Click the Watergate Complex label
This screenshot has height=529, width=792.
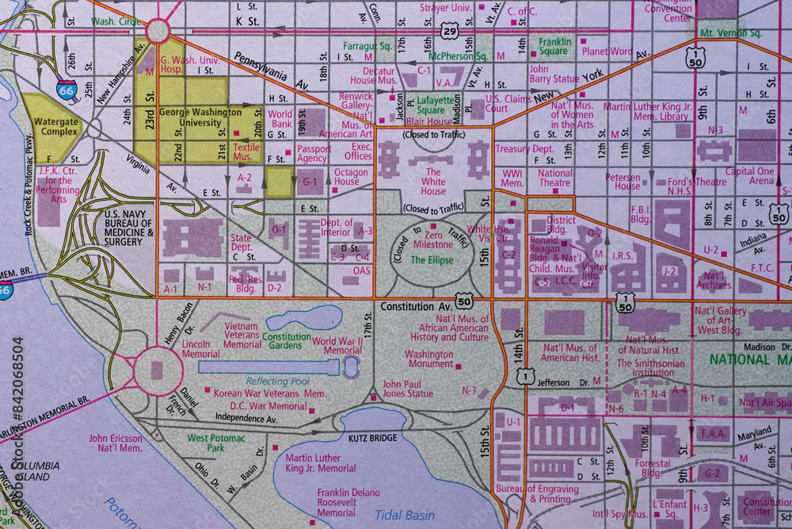tap(55, 127)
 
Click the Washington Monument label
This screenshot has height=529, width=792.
tap(429, 359)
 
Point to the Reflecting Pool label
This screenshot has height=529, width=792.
tap(277, 381)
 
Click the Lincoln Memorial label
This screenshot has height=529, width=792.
tap(201, 350)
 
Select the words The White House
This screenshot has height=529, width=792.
tap(433, 181)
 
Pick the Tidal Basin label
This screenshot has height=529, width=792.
tap(405, 515)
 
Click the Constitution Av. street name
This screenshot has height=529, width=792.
tap(416, 305)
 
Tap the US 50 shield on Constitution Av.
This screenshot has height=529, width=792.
tap(465, 302)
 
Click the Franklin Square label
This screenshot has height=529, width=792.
tap(554, 46)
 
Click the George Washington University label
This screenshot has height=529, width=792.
tap(200, 117)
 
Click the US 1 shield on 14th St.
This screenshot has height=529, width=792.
tap(524, 378)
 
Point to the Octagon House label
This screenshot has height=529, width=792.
tap(351, 176)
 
